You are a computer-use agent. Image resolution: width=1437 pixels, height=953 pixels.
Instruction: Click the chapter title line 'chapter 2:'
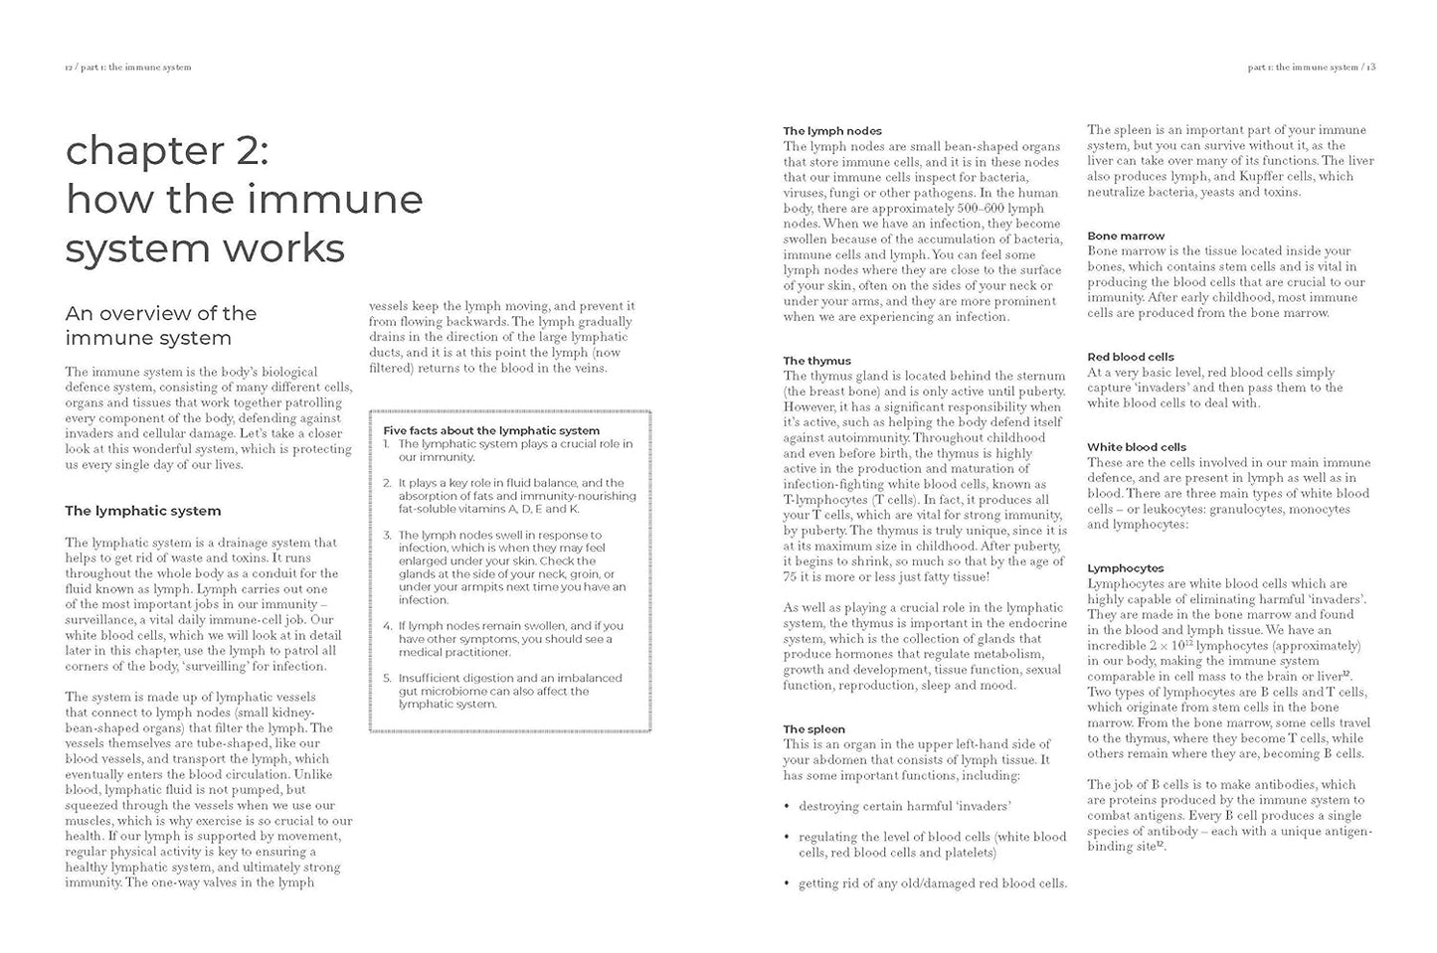pos(167,150)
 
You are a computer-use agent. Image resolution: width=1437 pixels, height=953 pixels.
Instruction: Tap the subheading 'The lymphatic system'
pos(143,511)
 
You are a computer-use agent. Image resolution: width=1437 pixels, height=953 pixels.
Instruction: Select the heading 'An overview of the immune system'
pos(161,325)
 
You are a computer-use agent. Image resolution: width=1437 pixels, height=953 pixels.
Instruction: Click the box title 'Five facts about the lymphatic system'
pos(491,430)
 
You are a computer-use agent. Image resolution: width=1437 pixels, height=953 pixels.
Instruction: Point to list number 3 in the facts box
pos(387,535)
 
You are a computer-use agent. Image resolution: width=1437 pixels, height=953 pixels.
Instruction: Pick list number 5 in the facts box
pos(387,678)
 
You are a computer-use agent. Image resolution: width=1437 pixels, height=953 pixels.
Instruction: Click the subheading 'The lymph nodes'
pos(832,130)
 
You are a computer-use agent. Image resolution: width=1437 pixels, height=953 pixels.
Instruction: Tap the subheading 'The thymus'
pos(816,361)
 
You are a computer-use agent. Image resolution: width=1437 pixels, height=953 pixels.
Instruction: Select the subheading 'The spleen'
pos(813,728)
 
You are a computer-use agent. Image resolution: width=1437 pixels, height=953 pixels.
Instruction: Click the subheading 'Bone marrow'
pos(1126,236)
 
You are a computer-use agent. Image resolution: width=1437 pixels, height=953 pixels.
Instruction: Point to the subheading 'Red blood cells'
pos(1131,356)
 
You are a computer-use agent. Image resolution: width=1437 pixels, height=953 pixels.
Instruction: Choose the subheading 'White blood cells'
pos(1136,446)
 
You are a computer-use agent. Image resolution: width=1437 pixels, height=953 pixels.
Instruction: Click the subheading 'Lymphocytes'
pos(1126,568)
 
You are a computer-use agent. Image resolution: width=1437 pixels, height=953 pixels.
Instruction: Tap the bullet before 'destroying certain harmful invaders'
pos(788,806)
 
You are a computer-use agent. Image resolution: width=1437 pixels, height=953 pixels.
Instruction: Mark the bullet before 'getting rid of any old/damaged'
pos(788,883)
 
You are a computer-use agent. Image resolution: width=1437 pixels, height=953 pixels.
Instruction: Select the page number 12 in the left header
pos(69,68)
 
